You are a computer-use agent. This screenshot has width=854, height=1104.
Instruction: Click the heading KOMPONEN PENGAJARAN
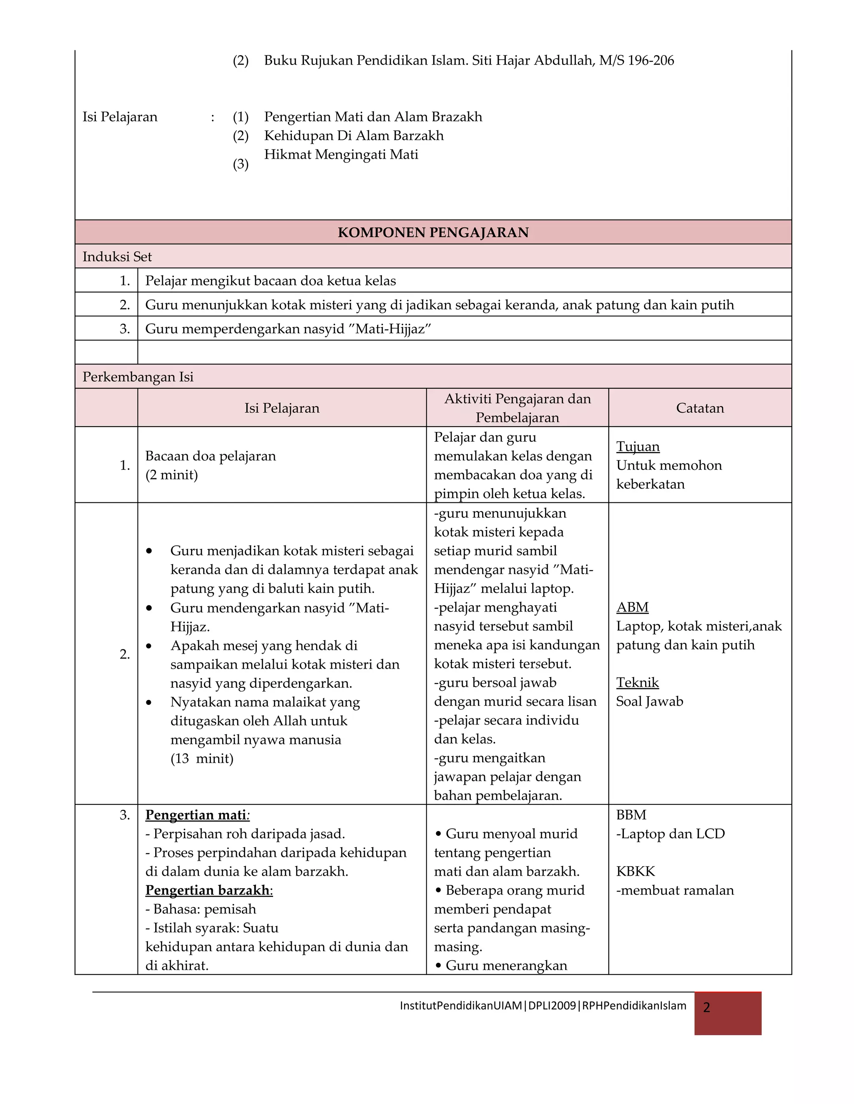pos(433,232)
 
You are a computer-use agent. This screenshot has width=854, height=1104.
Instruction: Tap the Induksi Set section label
pos(117,257)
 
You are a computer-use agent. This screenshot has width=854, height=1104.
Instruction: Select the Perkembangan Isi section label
pos(138,377)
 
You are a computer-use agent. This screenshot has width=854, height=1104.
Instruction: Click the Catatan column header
pos(700,408)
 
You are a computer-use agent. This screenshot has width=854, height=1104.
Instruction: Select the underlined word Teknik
pos(637,683)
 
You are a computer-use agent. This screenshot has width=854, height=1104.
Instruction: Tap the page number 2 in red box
pos(707,1008)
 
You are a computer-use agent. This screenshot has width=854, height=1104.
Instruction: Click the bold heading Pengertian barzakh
pos(208,890)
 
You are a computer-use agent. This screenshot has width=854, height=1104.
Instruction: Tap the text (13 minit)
pos(202,759)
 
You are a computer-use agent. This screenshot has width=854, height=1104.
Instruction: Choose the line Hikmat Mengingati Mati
pos(341,155)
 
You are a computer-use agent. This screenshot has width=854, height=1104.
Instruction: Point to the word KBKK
pos(635,872)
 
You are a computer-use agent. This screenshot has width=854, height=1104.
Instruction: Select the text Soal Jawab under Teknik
pos(649,702)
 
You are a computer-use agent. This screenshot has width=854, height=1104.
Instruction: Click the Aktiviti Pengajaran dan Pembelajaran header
pos(517,408)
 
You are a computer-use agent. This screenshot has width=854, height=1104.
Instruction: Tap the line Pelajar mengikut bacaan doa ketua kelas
pos(270,281)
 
